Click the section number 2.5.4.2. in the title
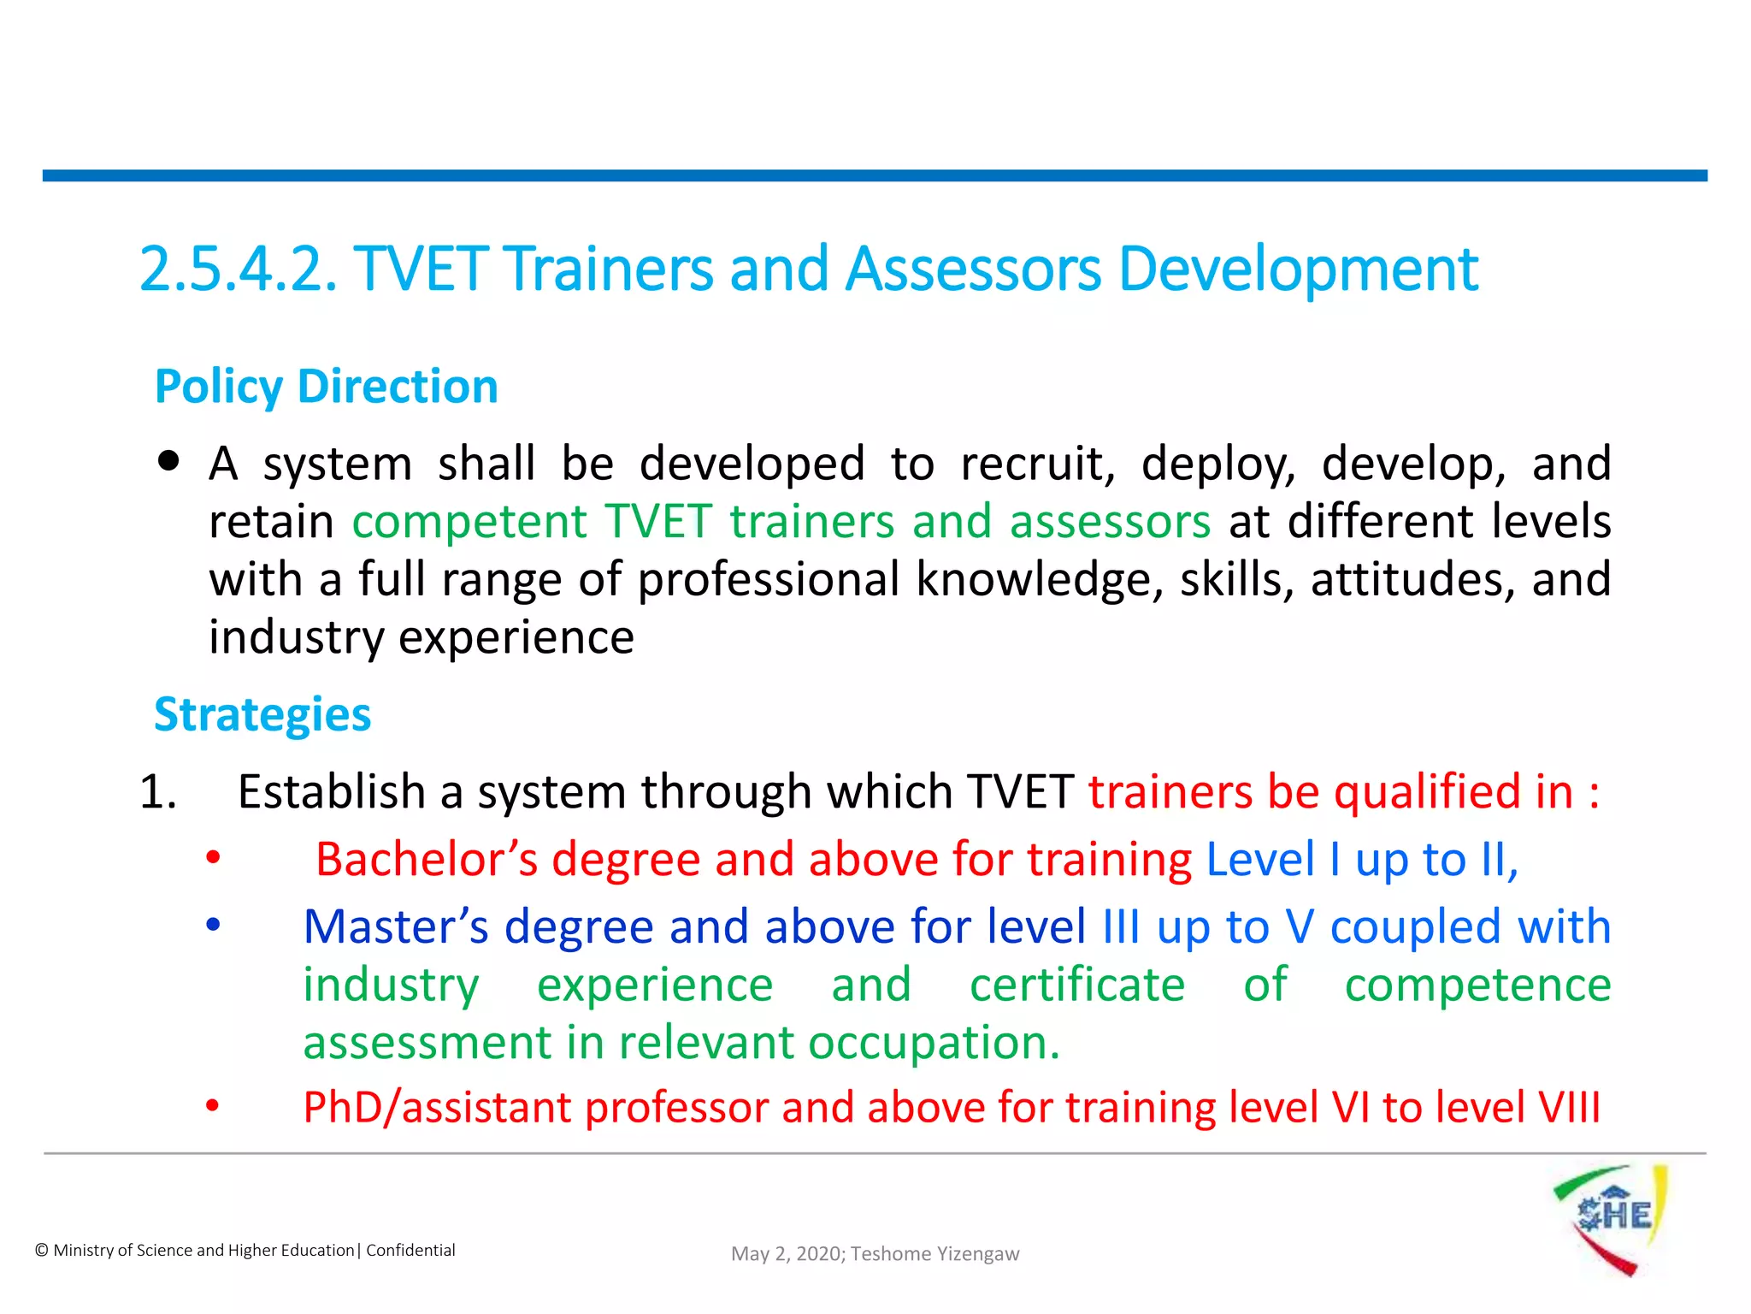tap(238, 269)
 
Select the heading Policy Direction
tap(326, 387)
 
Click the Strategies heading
tap(262, 715)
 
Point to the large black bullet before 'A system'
tap(169, 462)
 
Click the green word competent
tap(469, 522)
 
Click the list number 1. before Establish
tap(158, 791)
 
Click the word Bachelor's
tap(427, 859)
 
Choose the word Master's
tap(396, 926)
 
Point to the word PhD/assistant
tap(437, 1107)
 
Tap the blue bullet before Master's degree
tap(213, 925)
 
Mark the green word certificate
tap(1077, 985)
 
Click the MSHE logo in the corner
tap(1611, 1218)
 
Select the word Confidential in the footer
tap(410, 1251)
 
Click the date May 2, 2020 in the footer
tap(787, 1254)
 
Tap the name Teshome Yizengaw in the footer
tap(934, 1254)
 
